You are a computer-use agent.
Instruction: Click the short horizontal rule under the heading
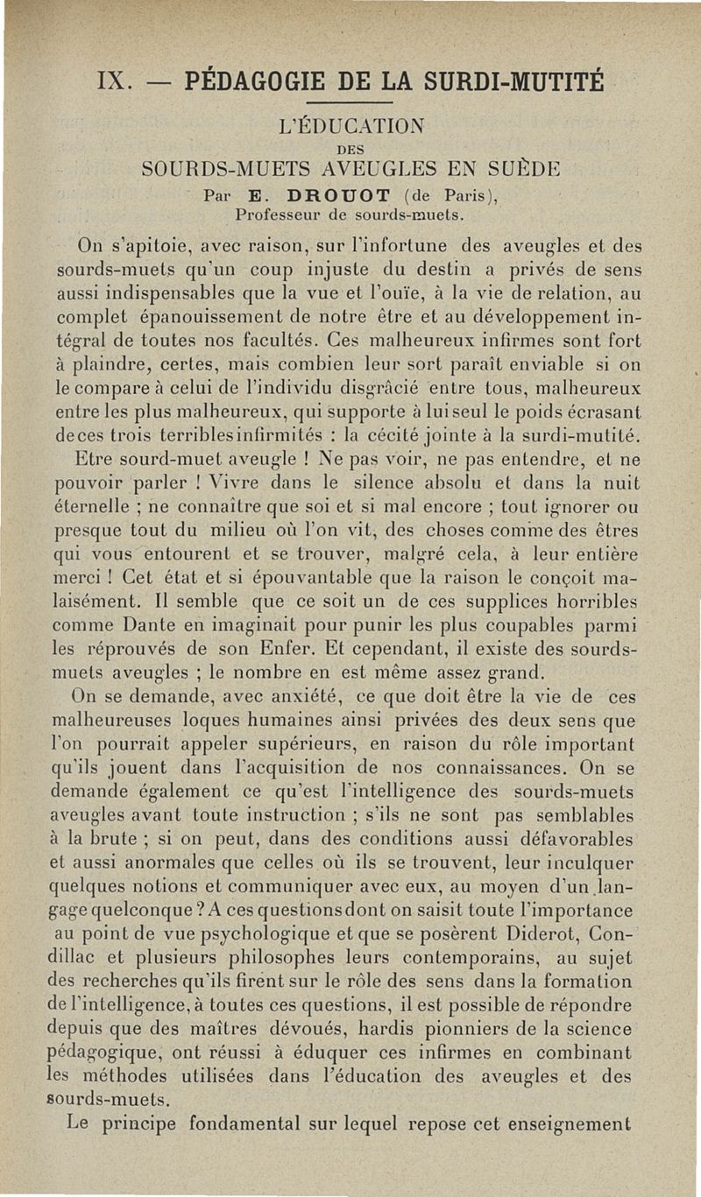tap(350, 106)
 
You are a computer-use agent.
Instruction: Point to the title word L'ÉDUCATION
tap(350, 124)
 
